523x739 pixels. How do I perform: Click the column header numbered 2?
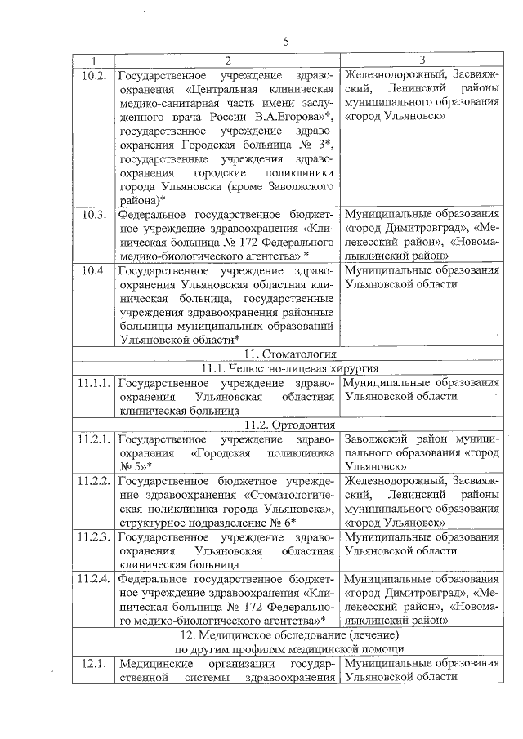[227, 60]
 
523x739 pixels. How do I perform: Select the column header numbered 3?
[421, 60]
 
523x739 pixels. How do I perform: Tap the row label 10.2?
[95, 75]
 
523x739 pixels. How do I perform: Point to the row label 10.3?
[95, 215]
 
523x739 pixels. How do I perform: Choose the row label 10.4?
[95, 270]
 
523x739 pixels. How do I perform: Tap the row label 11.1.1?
[95, 382]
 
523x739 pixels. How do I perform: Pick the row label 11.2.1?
[95, 438]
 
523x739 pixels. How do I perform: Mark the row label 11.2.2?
[95, 479]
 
